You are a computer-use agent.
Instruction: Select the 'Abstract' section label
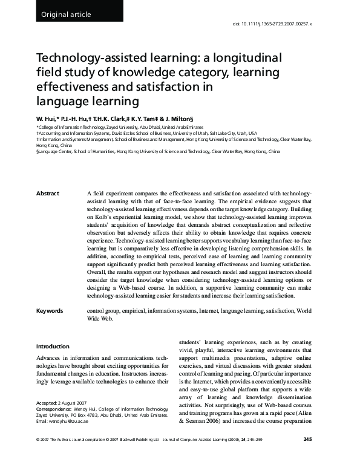tap(48, 193)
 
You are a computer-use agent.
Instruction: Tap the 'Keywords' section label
tap(50, 311)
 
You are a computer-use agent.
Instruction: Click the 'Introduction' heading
tap(53, 347)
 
